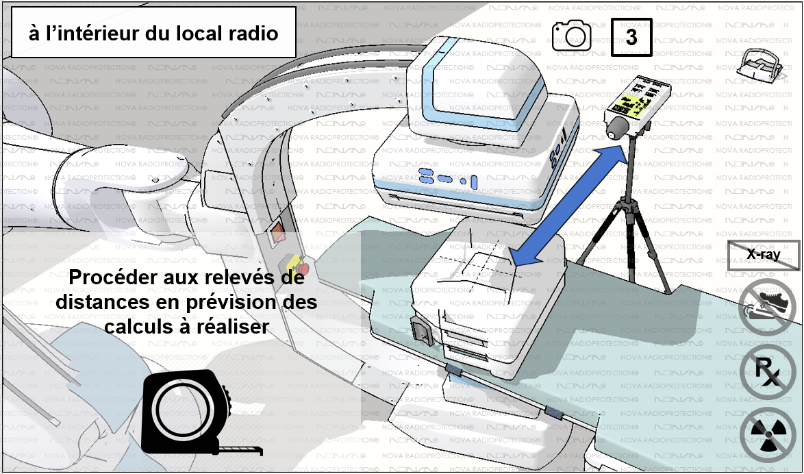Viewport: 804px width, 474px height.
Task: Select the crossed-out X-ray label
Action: [763, 254]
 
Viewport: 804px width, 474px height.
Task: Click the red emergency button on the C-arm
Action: [300, 268]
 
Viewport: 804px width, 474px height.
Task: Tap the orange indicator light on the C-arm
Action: [278, 234]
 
